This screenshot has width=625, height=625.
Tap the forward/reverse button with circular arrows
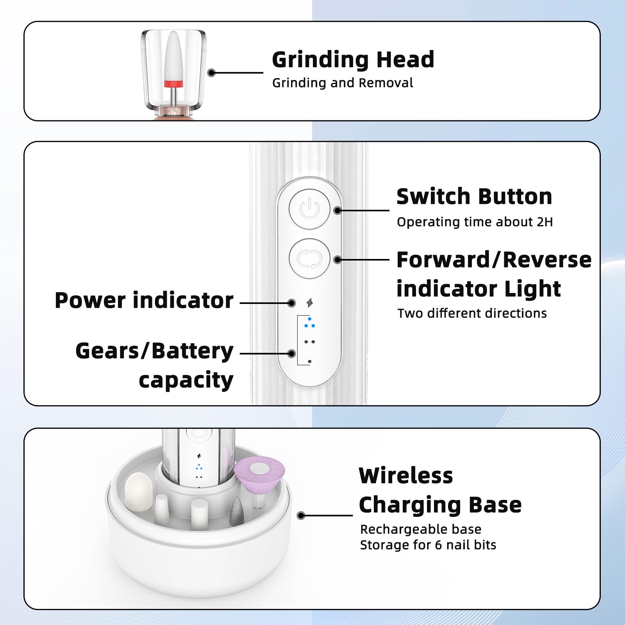coord(309,259)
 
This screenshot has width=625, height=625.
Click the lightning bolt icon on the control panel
coord(310,303)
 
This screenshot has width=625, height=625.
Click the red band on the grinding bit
coord(173,84)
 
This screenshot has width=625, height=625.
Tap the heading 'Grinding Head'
coord(353,60)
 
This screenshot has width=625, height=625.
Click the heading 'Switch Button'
coord(474,196)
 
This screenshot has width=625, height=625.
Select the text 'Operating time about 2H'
coord(475,222)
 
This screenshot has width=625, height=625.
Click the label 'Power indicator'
coord(144,300)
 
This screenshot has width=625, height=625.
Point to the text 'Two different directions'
coord(472,313)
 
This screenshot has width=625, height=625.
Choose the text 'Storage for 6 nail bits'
coord(428,545)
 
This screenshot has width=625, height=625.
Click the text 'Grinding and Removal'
coord(343,83)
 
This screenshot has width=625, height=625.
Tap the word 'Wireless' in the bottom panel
coord(406,476)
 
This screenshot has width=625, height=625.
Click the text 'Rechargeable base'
coord(420,529)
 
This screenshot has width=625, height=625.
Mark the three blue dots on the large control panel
coord(309,323)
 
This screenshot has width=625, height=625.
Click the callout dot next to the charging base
coord(301,516)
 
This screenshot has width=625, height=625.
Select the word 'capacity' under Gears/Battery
coord(186,380)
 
